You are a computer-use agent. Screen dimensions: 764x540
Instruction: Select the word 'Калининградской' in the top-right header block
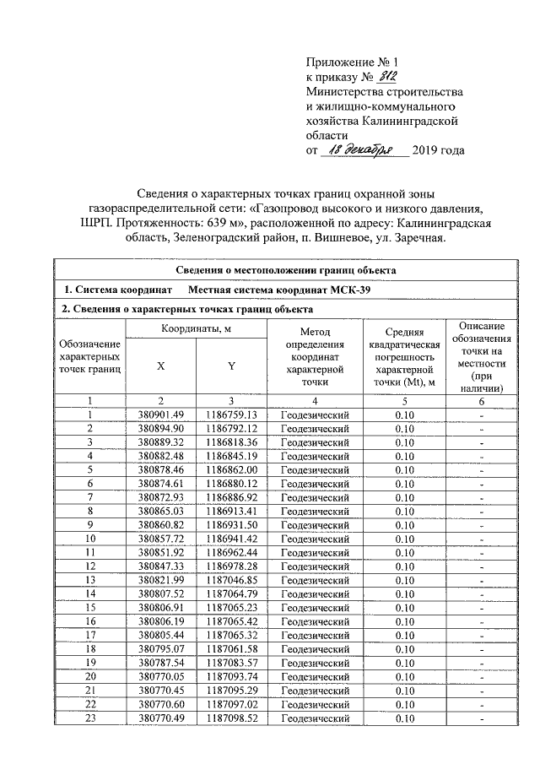coord(419,121)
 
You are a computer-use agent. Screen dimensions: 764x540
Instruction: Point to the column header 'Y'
coord(230,366)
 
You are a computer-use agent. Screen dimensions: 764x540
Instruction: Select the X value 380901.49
coord(159,415)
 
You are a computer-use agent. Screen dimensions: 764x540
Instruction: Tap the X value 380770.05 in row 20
coord(159,677)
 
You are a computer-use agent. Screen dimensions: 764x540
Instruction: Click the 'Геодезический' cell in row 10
coord(314,538)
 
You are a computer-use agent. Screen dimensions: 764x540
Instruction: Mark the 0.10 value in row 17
coord(406,636)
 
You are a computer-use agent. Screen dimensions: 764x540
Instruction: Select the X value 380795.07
coord(159,649)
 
